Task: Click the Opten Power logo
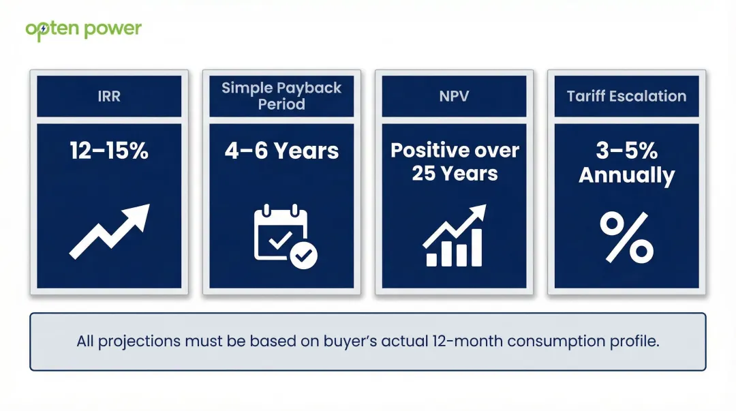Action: (x=83, y=29)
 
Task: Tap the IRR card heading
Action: (x=109, y=96)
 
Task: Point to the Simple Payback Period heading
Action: (x=281, y=96)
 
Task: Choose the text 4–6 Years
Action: (x=281, y=151)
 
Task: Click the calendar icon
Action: (x=280, y=233)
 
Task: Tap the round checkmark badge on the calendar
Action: (x=303, y=256)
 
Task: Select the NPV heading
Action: (x=454, y=96)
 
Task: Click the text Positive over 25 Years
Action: (x=455, y=162)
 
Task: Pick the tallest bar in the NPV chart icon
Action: (x=476, y=247)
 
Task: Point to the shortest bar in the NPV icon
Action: (x=431, y=259)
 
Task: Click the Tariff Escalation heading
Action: (x=626, y=96)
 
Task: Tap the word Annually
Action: (x=626, y=175)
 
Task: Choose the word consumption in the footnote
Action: (x=555, y=341)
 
